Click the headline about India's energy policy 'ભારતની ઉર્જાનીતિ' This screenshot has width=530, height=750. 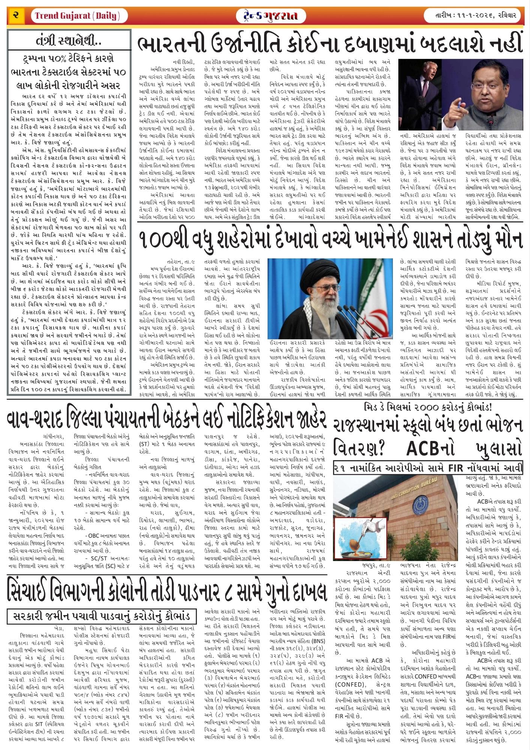330,44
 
